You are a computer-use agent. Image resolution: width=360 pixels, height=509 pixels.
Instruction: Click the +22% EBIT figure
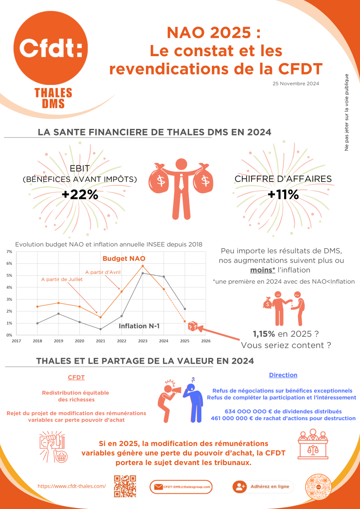pyautogui.click(x=80, y=195)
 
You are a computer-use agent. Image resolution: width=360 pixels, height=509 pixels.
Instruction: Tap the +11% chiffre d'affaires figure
pyautogui.click(x=283, y=195)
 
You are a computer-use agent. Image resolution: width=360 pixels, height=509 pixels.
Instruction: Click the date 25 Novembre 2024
pyautogui.click(x=295, y=84)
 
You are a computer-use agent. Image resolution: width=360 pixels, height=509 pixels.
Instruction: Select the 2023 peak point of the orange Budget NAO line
pyautogui.click(x=143, y=266)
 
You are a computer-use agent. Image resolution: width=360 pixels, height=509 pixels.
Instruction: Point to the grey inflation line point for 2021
pyautogui.click(x=100, y=329)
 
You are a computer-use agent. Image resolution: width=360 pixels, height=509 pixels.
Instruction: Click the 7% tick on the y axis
pyautogui.click(x=10, y=252)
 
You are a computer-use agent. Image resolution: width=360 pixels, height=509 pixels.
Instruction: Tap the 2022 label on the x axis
pyautogui.click(x=122, y=341)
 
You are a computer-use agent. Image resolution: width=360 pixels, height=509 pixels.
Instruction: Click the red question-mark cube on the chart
pyautogui.click(x=193, y=327)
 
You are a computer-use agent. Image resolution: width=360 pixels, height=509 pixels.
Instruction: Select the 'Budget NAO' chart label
pyautogui.click(x=124, y=259)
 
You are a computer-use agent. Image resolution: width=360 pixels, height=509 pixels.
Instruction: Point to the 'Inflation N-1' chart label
pyautogui.click(x=139, y=326)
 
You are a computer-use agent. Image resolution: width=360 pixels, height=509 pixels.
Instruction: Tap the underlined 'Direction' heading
pyautogui.click(x=283, y=375)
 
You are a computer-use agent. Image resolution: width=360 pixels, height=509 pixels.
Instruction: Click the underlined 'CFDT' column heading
pyautogui.click(x=76, y=377)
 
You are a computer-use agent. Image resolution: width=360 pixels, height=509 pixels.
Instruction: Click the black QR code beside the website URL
pyautogui.click(x=125, y=486)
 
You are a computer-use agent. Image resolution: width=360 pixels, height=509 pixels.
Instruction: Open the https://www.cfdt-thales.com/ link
pyautogui.click(x=72, y=486)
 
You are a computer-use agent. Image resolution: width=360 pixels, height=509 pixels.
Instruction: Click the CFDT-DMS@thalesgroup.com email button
pyautogui.click(x=181, y=487)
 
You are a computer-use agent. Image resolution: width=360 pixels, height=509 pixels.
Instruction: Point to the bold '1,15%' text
pyautogui.click(x=264, y=334)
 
